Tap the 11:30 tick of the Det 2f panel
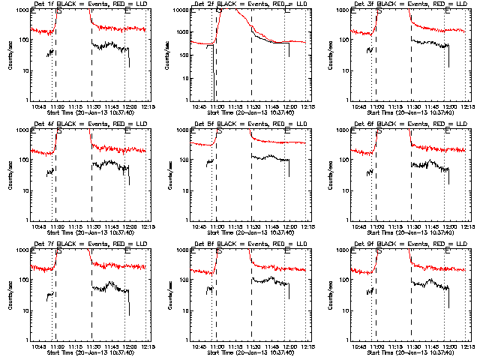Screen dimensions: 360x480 click(252, 106)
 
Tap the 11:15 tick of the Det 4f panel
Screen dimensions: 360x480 click(73, 226)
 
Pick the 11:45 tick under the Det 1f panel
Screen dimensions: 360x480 click(110, 106)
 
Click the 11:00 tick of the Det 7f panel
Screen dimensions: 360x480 click(57, 346)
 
